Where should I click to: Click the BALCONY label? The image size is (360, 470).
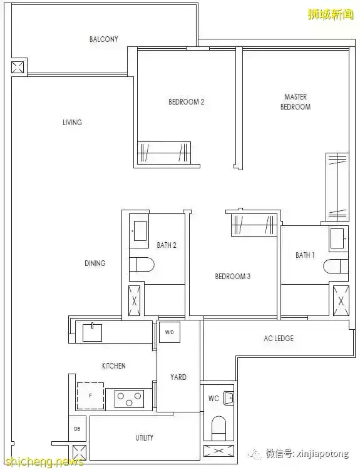pyautogui.click(x=104, y=39)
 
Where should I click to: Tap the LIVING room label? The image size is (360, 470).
pyautogui.click(x=72, y=122)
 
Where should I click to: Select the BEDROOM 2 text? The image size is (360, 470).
pyautogui.click(x=186, y=102)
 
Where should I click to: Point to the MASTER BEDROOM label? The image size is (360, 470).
pyautogui.click(x=296, y=101)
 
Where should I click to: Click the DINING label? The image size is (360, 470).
pyautogui.click(x=95, y=263)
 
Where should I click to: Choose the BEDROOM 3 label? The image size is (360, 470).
pyautogui.click(x=233, y=276)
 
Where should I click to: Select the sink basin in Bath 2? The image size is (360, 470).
pyautogui.click(x=140, y=231)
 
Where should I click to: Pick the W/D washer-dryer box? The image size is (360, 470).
pyautogui.click(x=170, y=332)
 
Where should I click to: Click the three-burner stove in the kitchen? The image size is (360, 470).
pyautogui.click(x=129, y=398)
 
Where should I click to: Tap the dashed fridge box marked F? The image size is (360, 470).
pyautogui.click(x=91, y=396)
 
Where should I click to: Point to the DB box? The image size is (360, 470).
pyautogui.click(x=77, y=429)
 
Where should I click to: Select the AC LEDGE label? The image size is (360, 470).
pyautogui.click(x=279, y=339)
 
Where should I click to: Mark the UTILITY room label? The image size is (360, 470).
pyautogui.click(x=145, y=437)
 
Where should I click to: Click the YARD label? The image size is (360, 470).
pyautogui.click(x=178, y=377)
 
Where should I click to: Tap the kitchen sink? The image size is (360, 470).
pyautogui.click(x=92, y=332)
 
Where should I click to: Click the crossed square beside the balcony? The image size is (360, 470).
pyautogui.click(x=18, y=67)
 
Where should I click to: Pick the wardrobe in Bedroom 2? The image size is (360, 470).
pyautogui.click(x=163, y=153)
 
